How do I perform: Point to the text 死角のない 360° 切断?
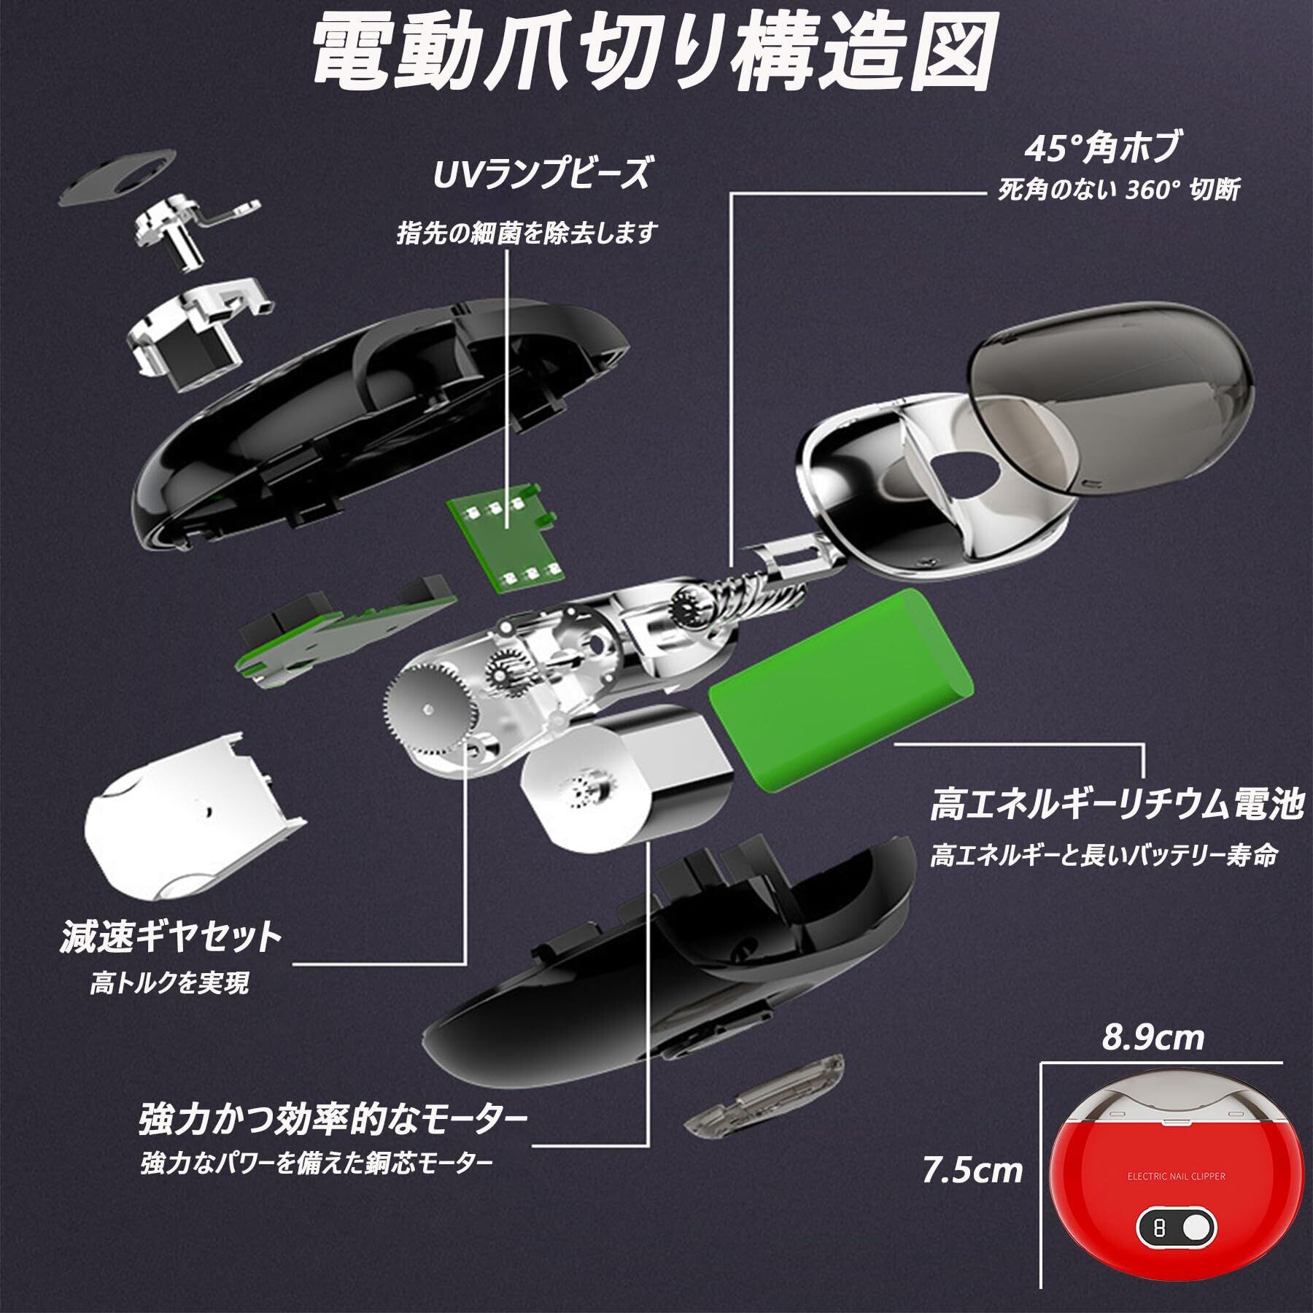point(1118,190)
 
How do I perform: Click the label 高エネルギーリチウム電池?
point(1117,808)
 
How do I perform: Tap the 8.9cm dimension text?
point(1153,1038)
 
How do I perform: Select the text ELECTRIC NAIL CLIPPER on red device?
point(1177,1177)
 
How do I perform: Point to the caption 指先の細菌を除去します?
point(527,233)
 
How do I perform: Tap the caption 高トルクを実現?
point(169,984)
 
